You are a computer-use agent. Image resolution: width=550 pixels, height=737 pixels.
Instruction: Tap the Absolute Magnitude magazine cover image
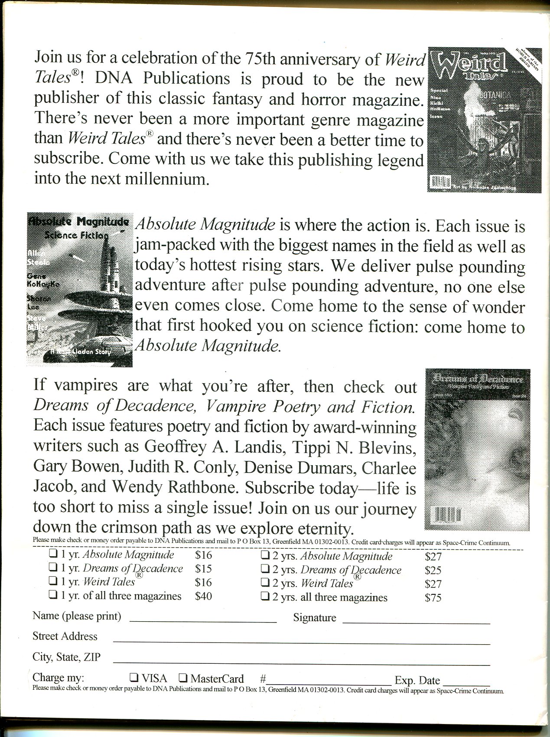point(80,290)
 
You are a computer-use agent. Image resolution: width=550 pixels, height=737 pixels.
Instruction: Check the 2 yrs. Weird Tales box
point(265,583)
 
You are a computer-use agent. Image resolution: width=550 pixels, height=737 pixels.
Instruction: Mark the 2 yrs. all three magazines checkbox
point(265,597)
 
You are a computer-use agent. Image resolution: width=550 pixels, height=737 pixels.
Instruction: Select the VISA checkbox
point(135,677)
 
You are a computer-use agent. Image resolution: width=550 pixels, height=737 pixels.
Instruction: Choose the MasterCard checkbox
point(183,677)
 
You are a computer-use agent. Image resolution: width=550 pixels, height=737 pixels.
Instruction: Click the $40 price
point(203,596)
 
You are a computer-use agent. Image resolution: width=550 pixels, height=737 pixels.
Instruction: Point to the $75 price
point(433,597)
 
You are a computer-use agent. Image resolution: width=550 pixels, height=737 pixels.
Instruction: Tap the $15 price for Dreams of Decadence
point(203,568)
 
